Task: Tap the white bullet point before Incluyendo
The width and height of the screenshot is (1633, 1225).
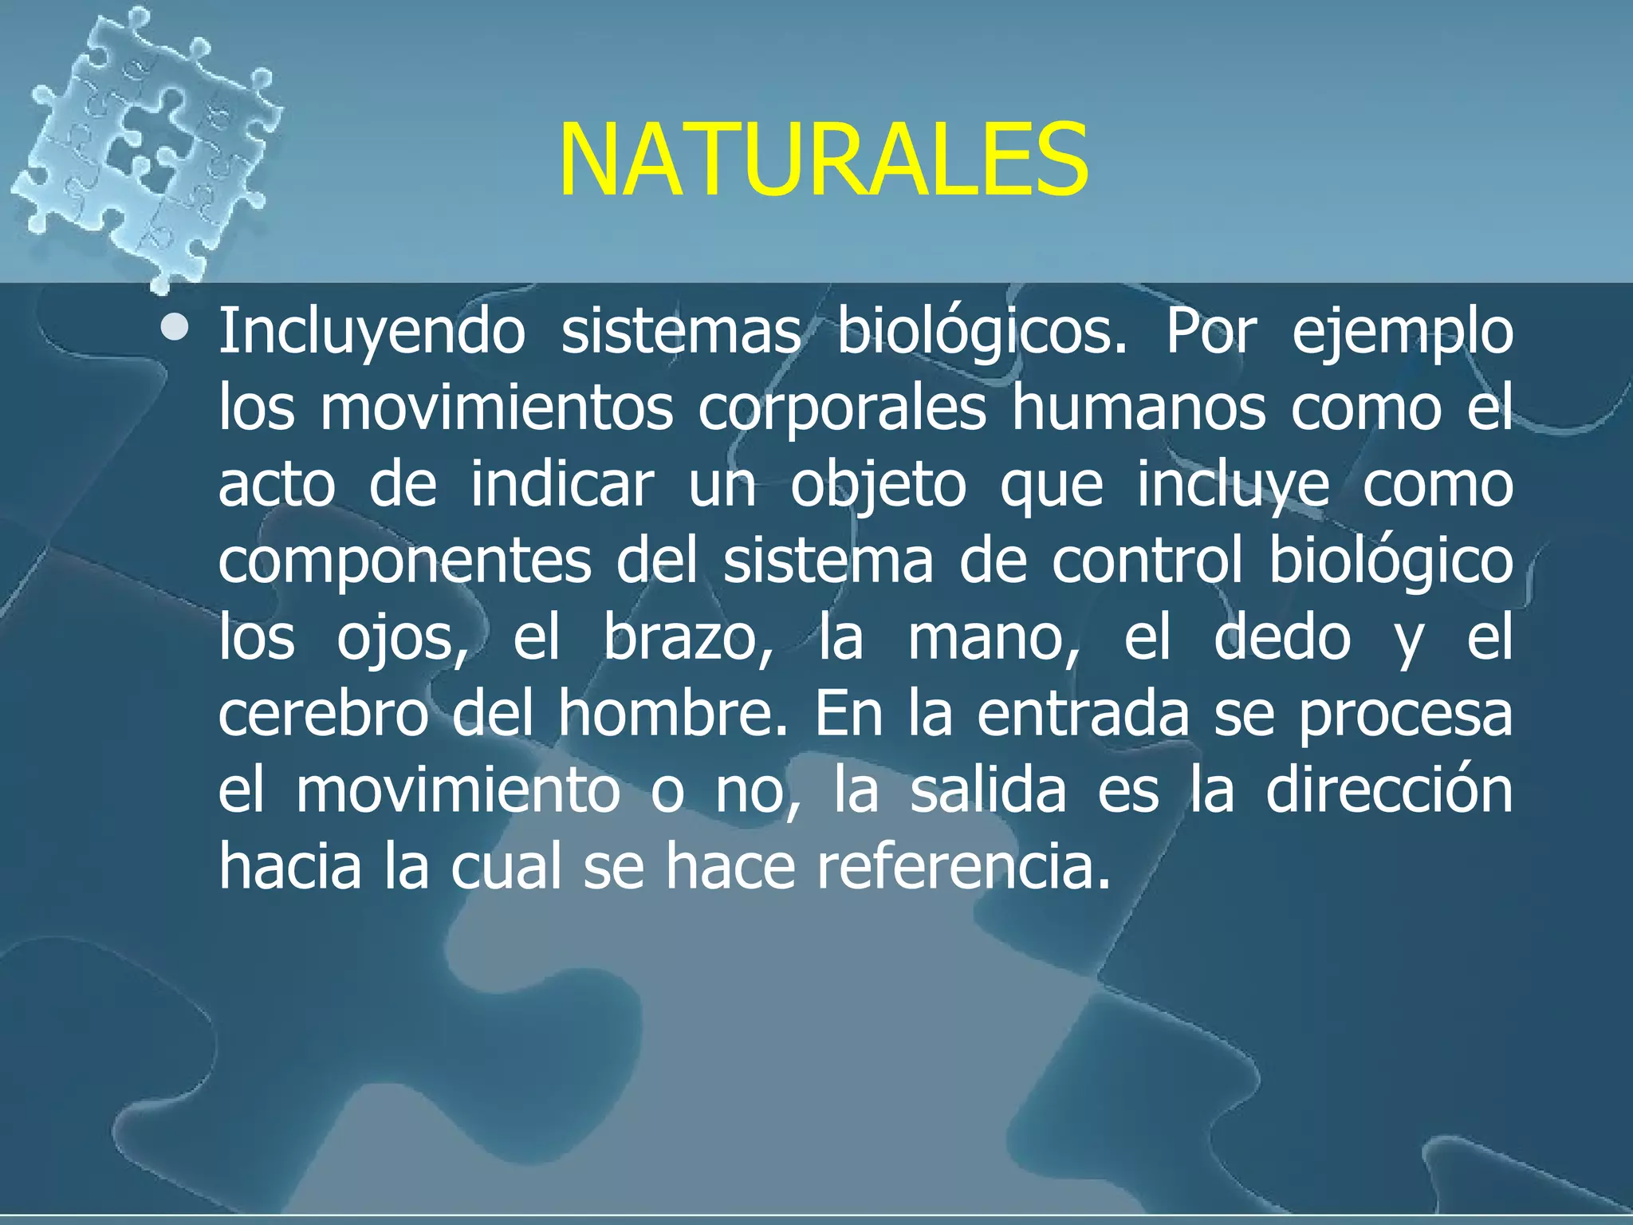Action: (174, 328)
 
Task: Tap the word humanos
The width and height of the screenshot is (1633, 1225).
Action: (1138, 408)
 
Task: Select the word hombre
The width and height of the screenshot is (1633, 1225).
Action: (672, 714)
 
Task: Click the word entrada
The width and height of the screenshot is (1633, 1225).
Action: (1083, 714)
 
